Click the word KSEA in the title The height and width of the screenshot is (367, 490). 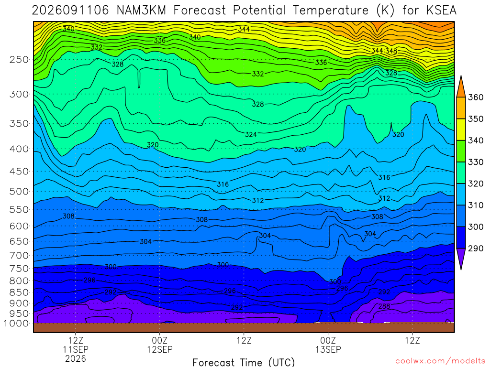click(441, 11)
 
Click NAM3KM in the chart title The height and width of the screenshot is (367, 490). click(141, 11)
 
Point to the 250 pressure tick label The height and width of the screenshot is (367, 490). click(19, 59)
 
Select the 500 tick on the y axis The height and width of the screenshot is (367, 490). click(19, 191)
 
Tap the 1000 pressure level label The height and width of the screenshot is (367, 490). click(16, 324)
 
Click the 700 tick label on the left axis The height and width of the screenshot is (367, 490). click(19, 255)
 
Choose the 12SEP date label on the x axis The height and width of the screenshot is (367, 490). click(160, 349)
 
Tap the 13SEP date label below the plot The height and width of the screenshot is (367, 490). click(328, 349)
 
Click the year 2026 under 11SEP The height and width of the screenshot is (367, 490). click(76, 358)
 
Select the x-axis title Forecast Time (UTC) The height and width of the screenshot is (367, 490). click(244, 362)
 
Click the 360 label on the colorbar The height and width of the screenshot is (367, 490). click(476, 97)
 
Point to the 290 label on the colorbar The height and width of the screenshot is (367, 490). click(476, 248)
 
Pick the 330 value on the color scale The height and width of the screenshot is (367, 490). click(476, 162)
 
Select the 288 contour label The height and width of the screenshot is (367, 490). click(384, 306)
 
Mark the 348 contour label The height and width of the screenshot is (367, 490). click(391, 51)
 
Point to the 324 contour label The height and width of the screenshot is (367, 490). click(251, 134)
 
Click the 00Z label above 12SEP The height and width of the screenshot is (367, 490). click(160, 340)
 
